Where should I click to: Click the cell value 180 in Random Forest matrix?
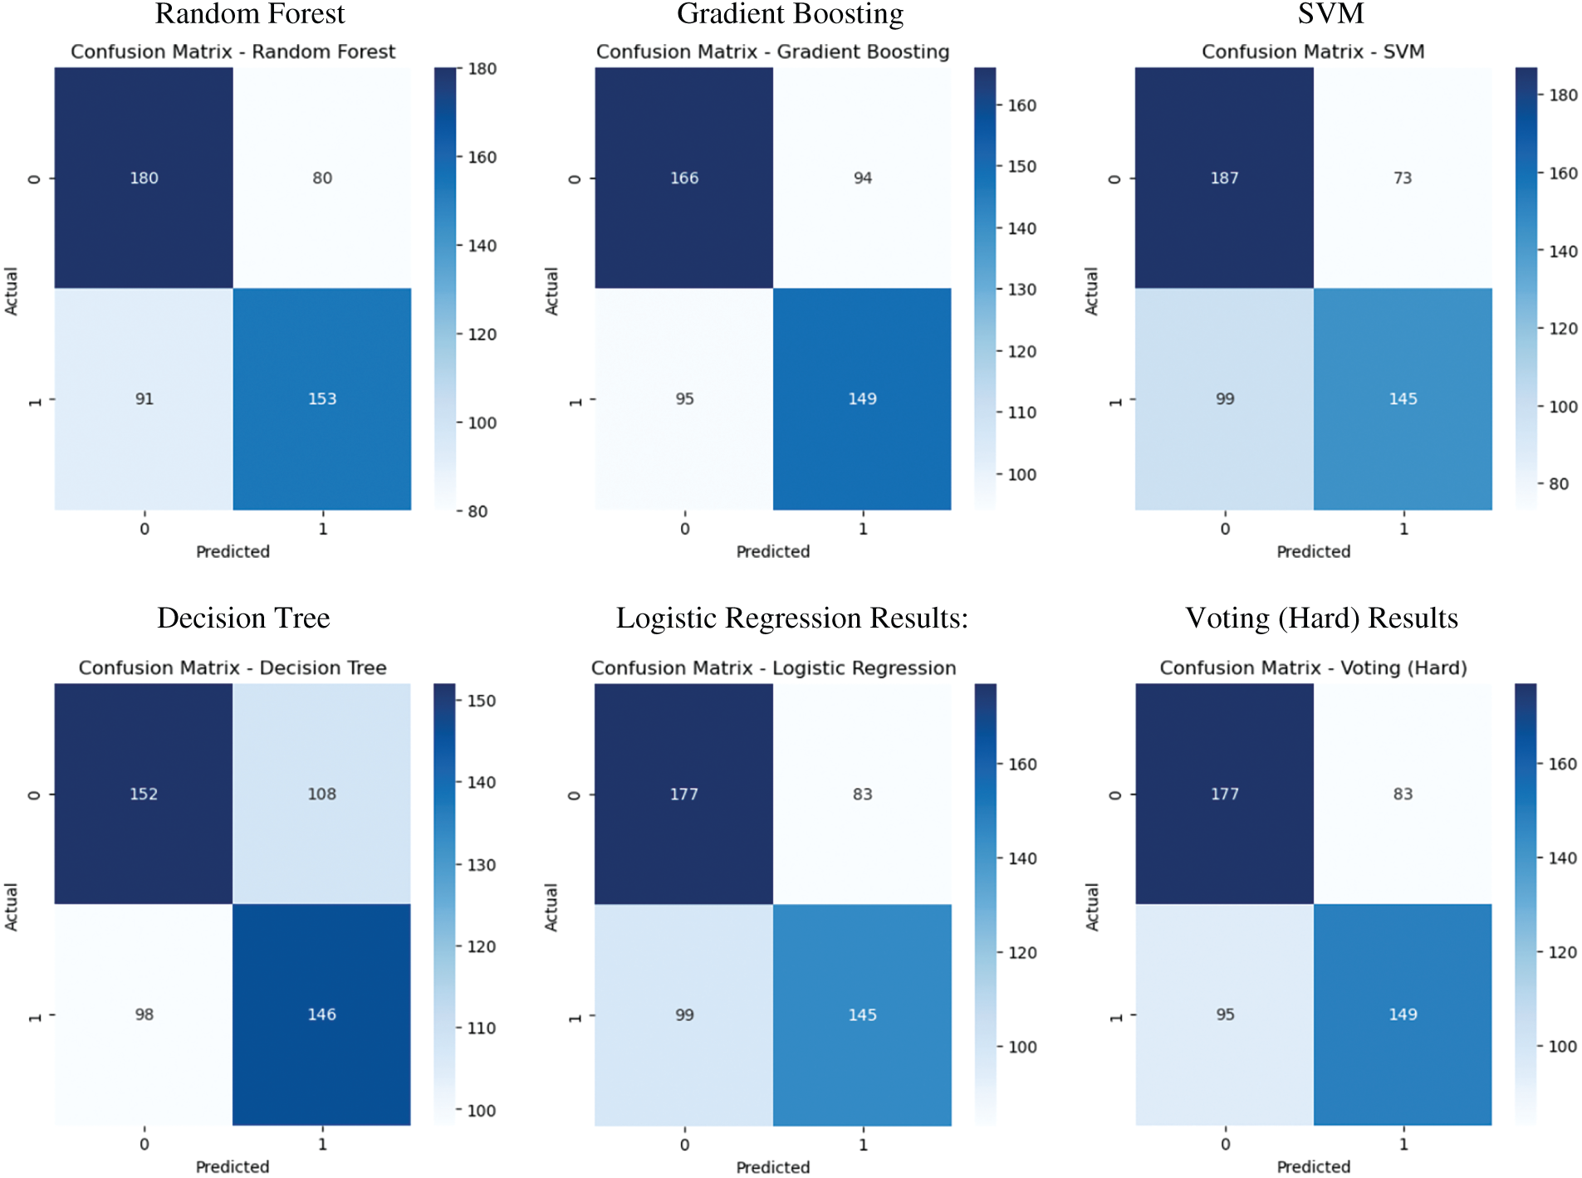tap(144, 178)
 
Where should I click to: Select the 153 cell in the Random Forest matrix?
tap(322, 399)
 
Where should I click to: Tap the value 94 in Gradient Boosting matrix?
tap(862, 178)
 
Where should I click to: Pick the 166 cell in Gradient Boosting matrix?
tap(684, 178)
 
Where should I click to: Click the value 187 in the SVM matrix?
tap(1224, 178)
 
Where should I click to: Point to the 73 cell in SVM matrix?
tap(1403, 178)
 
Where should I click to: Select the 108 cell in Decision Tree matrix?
tap(322, 794)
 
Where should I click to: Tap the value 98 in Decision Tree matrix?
tap(144, 1014)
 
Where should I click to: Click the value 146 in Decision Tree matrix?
tap(322, 1014)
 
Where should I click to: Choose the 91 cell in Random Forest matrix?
tap(144, 399)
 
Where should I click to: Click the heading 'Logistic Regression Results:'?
tap(791, 618)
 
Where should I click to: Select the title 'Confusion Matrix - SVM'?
tap(1313, 52)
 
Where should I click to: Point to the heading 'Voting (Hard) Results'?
tap(1321, 618)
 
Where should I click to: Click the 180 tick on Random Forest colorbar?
tap(482, 69)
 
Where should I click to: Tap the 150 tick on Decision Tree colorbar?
tap(481, 701)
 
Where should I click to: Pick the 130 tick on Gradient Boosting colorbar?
tap(1021, 290)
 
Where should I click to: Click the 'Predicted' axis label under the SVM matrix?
tap(1313, 552)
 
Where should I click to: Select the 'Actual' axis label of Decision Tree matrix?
tap(12, 907)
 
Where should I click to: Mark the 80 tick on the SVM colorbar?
tap(1558, 484)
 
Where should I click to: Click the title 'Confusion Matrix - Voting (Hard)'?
tap(1313, 668)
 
